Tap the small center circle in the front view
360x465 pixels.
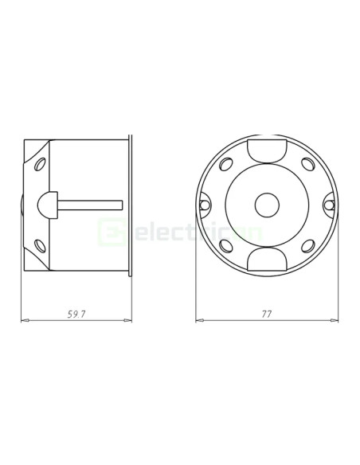pos(265,205)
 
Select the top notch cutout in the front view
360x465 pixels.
pos(265,150)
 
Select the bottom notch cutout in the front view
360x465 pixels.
pos(265,260)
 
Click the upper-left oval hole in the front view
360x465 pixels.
pos(227,166)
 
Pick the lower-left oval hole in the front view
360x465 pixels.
pos(227,244)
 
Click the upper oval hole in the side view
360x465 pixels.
pos(39,165)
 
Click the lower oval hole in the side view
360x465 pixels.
pos(39,244)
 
